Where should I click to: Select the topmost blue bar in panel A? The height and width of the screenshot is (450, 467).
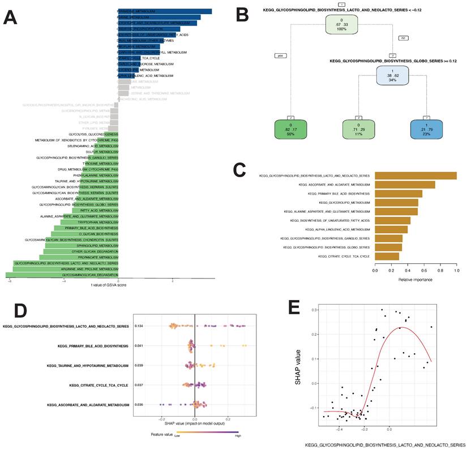(165, 11)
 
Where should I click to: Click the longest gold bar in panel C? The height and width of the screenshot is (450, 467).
(415, 176)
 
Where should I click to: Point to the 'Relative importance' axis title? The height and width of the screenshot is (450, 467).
(415, 280)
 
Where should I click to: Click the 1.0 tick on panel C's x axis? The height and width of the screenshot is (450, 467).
(456, 272)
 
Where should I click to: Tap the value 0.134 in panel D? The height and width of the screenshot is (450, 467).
(139, 326)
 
